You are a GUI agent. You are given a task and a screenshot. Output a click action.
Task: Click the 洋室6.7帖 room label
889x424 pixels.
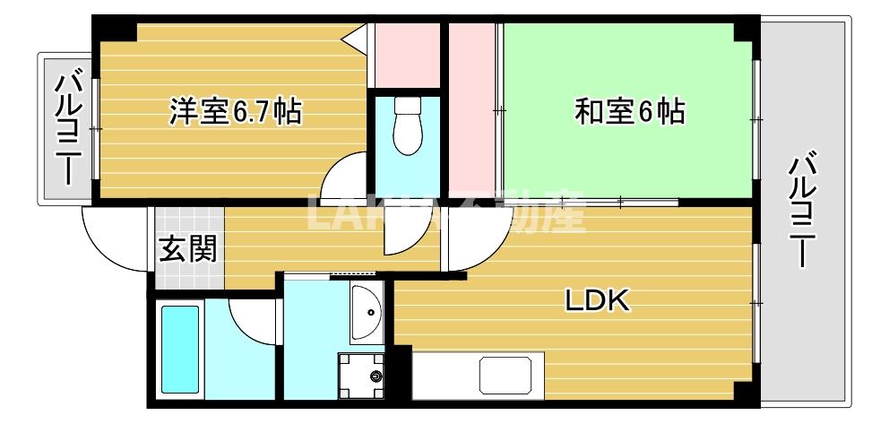coord(236,112)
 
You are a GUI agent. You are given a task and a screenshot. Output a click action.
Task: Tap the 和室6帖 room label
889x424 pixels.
coord(630,112)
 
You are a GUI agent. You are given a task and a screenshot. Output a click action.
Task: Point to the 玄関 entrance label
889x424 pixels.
coord(188,247)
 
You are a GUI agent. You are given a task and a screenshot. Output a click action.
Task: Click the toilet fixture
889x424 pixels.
coord(408,125)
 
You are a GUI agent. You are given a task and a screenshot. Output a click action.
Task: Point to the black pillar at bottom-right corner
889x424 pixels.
coord(742,394)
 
